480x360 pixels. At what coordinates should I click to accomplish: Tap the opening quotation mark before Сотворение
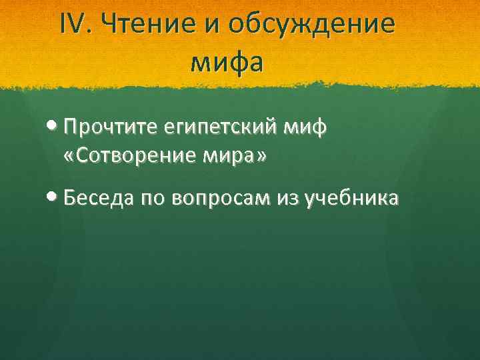(x=71, y=157)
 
